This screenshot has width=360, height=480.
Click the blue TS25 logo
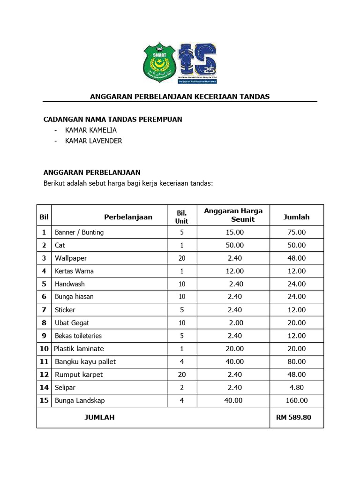pos(197,63)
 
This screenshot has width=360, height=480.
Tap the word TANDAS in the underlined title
pos(255,97)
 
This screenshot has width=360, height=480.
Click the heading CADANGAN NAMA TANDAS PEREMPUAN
pos(112,120)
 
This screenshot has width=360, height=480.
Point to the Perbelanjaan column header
pos(128,217)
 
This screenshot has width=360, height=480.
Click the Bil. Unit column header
pos(181,217)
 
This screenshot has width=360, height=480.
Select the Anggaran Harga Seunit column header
pos(233,215)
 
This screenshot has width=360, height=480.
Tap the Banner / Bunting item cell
pos(79,232)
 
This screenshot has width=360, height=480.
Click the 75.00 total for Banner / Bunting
pos(296,232)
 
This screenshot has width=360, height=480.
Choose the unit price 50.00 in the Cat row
pos(234,245)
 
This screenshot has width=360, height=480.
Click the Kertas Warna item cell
pos(74,271)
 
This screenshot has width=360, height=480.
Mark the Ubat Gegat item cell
pos(72,322)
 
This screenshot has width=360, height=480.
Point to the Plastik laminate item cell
pos(79,348)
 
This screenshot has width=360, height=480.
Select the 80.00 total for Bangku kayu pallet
pos(296,361)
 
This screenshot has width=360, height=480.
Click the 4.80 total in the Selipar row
pos(296,387)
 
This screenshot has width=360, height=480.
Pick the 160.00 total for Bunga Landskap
pos(296,400)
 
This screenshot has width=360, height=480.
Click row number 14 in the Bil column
pos(44,387)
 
